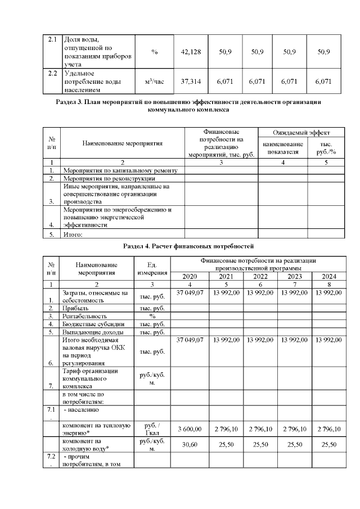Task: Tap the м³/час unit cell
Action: [x=154, y=82]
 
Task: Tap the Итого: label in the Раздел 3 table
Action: [x=74, y=235]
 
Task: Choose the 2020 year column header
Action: [x=189, y=276]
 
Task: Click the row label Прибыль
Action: [x=75, y=308]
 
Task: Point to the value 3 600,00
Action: [x=189, y=429]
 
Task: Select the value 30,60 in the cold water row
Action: [x=189, y=444]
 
